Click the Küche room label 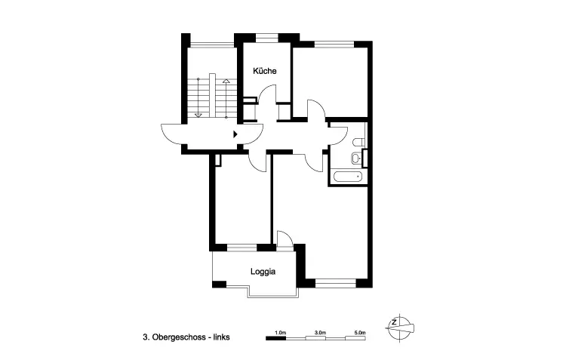pos(265,71)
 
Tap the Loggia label pos(263,272)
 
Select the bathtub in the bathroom pos(349,177)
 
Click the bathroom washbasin pos(356,158)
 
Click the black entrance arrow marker pos(235,134)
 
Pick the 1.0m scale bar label pos(280,332)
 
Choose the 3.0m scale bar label pos(320,332)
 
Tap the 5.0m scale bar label pos(360,332)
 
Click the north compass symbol pos(399,328)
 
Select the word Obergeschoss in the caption pos(179,337)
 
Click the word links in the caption pos(221,337)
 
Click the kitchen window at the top pos(266,36)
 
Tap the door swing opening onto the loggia pos(285,238)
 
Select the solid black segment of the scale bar pos(275,338)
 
